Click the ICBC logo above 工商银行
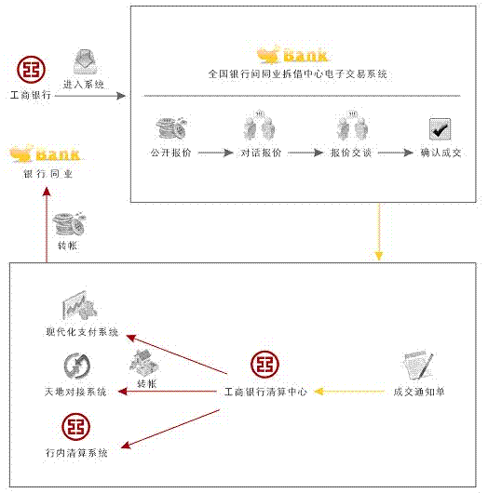[x=31, y=70]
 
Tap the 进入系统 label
[x=84, y=85]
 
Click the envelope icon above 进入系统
[x=85, y=62]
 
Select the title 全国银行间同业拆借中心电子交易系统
[x=297, y=74]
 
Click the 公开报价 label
[x=171, y=153]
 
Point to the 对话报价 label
[x=261, y=153]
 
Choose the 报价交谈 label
[x=351, y=153]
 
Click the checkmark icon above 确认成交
[x=440, y=129]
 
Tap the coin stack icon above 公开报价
[x=171, y=128]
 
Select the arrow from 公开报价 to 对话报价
[x=216, y=153]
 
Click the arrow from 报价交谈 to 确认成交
[x=396, y=153]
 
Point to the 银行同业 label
[x=48, y=174]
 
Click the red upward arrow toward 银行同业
[x=47, y=224]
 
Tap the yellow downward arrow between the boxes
[x=379, y=232]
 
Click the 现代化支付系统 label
[x=82, y=332]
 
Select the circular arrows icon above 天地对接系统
[x=76, y=366]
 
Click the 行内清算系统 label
[x=76, y=453]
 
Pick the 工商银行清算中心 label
[x=265, y=392]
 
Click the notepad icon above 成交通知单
[x=418, y=366]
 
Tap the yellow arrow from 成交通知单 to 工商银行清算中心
[x=349, y=392]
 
